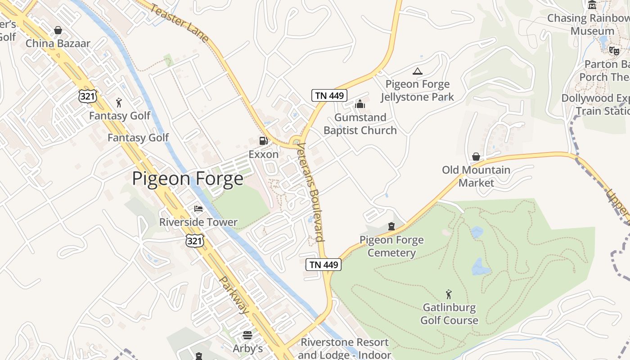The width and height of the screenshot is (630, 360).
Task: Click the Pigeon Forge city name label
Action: (x=188, y=179)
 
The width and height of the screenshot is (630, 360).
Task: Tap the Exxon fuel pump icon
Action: (x=263, y=141)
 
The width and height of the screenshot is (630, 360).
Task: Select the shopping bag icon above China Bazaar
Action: (x=58, y=30)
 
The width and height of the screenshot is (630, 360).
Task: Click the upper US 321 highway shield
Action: (x=87, y=95)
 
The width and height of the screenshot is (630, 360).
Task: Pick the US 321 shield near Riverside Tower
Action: (x=195, y=241)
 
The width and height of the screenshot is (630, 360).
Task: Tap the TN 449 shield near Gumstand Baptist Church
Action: (x=329, y=95)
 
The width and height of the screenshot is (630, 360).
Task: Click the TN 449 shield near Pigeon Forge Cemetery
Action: (x=324, y=265)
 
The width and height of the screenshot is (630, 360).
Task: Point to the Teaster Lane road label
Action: (x=180, y=23)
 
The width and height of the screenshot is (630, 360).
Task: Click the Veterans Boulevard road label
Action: (x=311, y=192)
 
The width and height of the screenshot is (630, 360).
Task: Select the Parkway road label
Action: (x=234, y=295)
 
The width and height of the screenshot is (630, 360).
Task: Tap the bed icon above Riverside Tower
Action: (x=198, y=209)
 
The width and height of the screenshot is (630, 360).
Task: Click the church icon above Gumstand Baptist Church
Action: (x=360, y=104)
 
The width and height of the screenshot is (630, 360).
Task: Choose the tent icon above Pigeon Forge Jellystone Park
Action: (x=418, y=71)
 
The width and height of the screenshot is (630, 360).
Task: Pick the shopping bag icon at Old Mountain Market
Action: (x=476, y=157)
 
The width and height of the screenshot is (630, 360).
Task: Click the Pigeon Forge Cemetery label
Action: (x=391, y=246)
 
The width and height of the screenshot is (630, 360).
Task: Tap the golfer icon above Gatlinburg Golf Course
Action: (x=449, y=295)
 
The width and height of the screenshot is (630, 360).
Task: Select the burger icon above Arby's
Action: (x=247, y=335)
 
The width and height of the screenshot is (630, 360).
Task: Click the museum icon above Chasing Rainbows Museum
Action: (x=592, y=5)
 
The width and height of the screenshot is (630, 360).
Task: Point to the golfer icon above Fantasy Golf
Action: (x=119, y=103)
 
